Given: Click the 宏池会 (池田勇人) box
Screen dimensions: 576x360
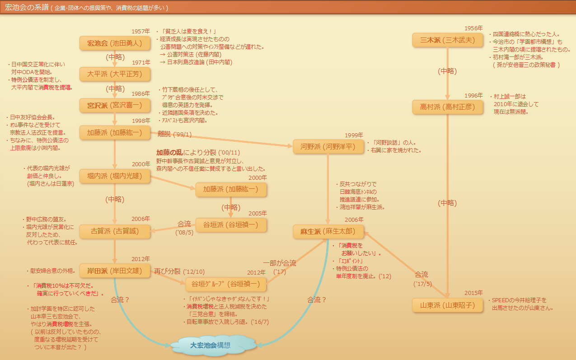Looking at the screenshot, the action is tap(114, 43).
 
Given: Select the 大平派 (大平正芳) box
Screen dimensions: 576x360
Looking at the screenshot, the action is tap(114, 74).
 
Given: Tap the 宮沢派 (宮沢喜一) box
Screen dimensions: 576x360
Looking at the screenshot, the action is tap(114, 105).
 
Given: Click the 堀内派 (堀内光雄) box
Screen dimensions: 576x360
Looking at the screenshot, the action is tap(114, 177).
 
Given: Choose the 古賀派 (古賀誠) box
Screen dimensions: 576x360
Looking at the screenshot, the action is tap(114, 231).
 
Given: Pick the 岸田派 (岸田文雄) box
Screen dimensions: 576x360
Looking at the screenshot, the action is tap(114, 271).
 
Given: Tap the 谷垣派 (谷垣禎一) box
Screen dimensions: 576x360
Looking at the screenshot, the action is tap(231, 225).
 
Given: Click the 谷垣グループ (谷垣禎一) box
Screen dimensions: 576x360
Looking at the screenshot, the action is tap(226, 284).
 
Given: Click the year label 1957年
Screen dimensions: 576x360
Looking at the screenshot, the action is tap(140, 31).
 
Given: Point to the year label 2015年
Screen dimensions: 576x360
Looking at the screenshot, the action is tap(473, 293).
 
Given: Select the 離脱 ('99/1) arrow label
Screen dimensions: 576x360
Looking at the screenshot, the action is tap(175, 134).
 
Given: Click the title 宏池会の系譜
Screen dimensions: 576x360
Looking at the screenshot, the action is tap(26, 8).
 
